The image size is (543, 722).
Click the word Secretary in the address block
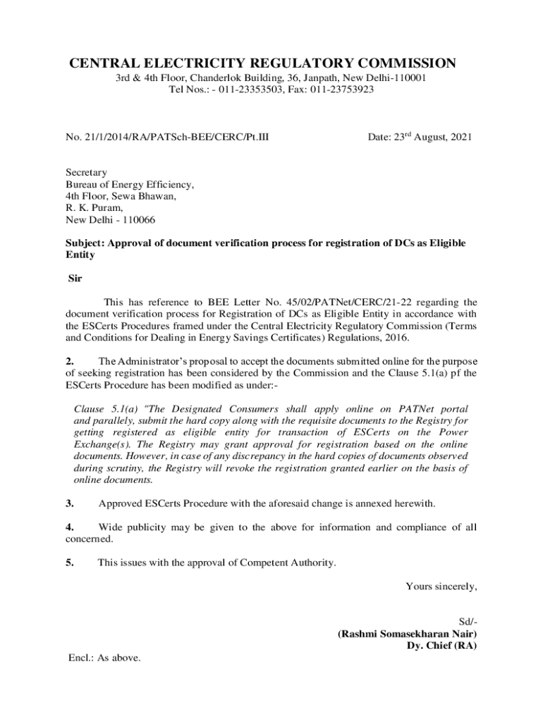pos(86,172)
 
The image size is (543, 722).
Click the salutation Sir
pos(75,279)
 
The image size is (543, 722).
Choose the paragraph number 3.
pos(70,503)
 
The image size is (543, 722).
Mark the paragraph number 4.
pos(70,527)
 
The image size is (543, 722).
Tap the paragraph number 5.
pos(70,563)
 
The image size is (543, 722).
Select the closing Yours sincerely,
pos(441,586)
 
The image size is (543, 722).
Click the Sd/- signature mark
pos(468,622)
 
